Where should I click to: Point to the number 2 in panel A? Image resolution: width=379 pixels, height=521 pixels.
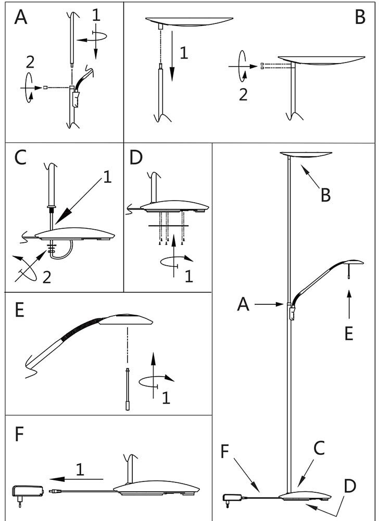click(30, 63)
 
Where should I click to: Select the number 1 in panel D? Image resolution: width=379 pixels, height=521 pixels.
click(189, 276)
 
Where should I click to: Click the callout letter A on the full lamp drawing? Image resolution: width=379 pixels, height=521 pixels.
click(243, 304)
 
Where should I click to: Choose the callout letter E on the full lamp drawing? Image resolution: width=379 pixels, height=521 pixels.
click(348, 333)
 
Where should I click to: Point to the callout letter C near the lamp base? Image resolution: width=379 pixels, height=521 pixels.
click(319, 447)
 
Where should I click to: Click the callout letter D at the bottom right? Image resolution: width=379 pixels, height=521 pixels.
click(350, 487)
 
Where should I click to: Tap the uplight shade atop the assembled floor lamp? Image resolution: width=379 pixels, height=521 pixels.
click(306, 155)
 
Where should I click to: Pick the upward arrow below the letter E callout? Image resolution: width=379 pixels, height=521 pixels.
click(349, 305)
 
